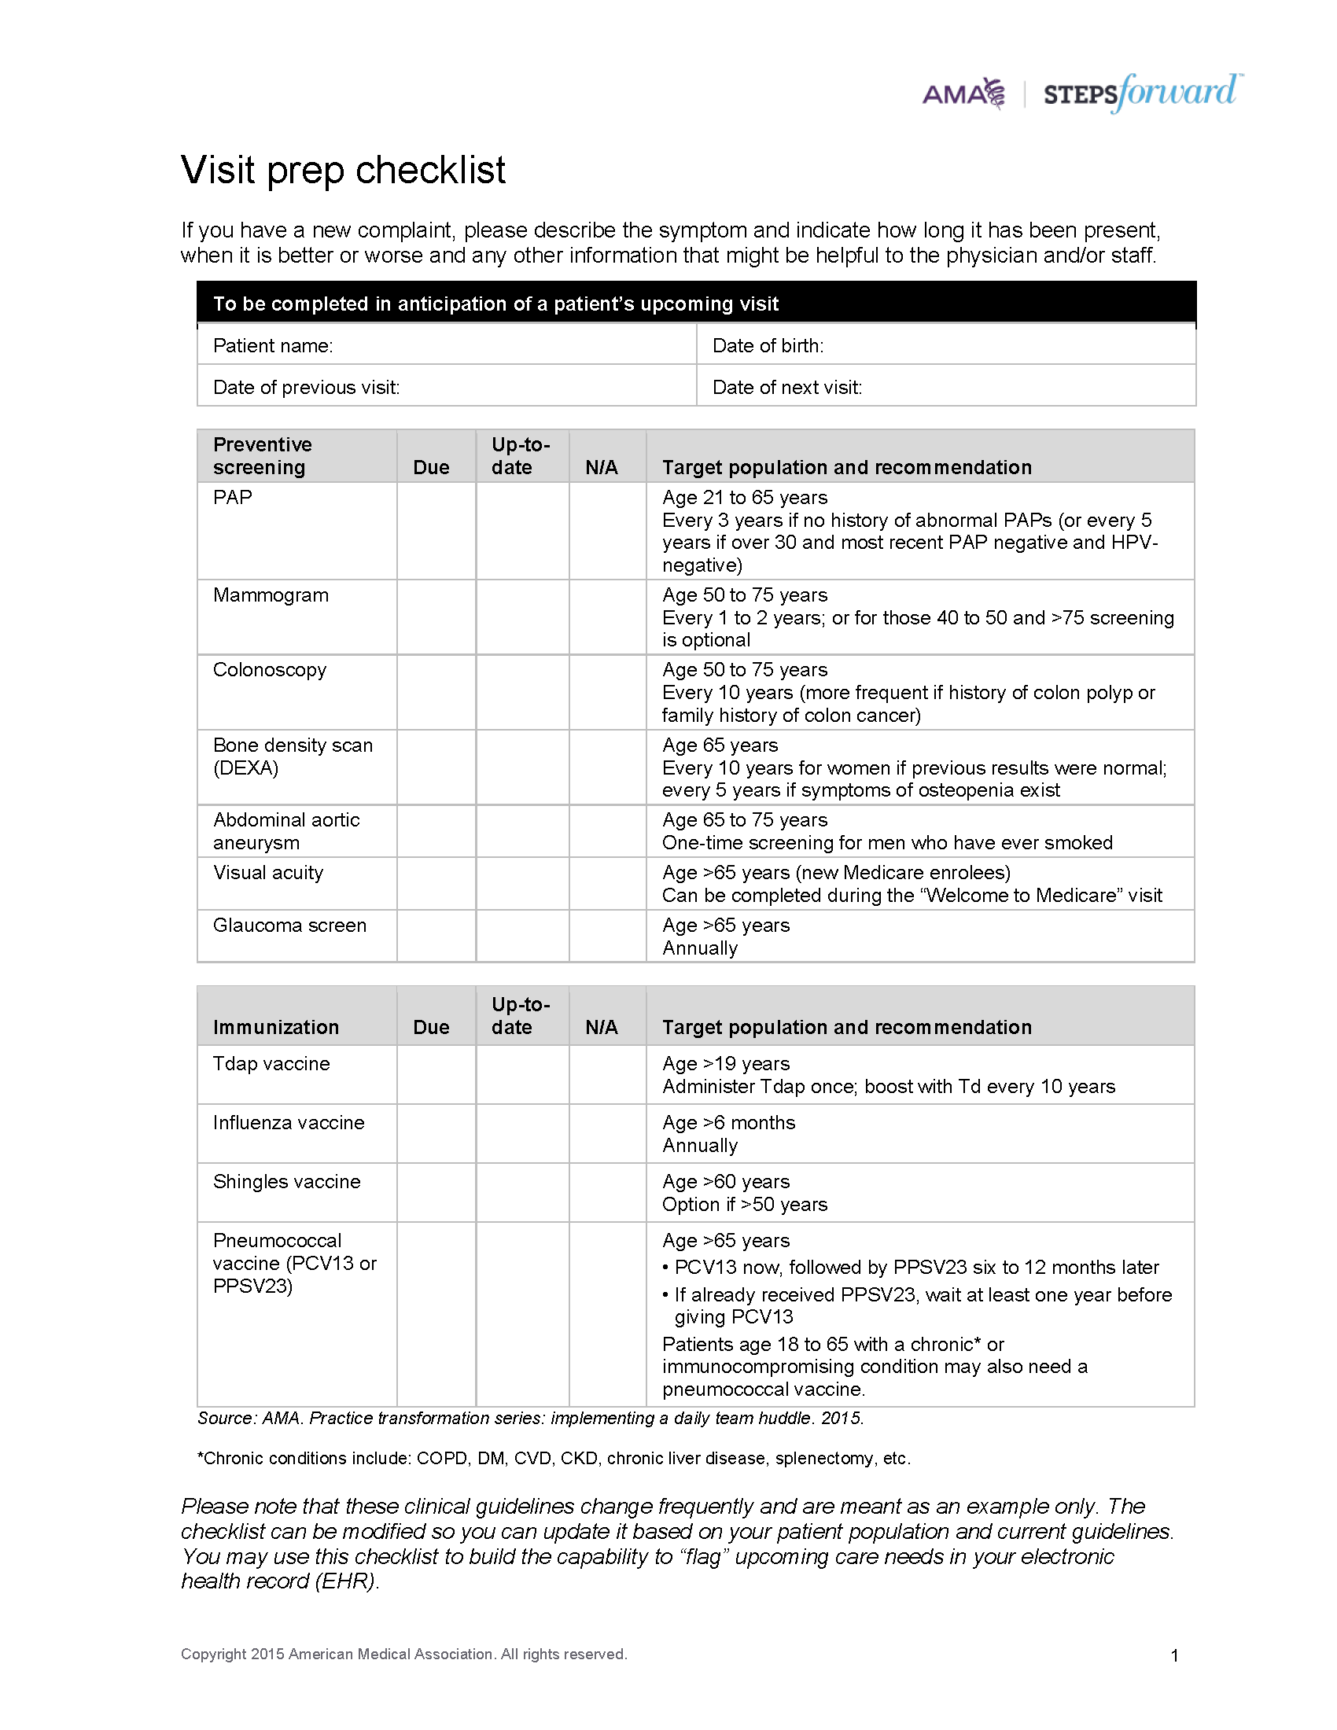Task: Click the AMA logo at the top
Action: click(963, 94)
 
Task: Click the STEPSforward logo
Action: click(1141, 93)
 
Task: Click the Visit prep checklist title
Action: click(343, 171)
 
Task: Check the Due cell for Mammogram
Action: click(436, 617)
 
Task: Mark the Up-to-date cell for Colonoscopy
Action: click(522, 691)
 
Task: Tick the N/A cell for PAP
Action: click(607, 530)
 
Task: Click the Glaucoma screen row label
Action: click(290, 926)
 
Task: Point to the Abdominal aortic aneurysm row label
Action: click(286, 831)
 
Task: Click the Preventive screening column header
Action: click(262, 455)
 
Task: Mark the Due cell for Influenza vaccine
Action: click(436, 1132)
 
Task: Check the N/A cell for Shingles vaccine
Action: click(607, 1192)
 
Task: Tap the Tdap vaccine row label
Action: click(271, 1063)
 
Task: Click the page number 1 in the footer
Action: click(1174, 1655)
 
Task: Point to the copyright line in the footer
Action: click(403, 1654)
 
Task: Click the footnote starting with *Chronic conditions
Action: click(554, 1458)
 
